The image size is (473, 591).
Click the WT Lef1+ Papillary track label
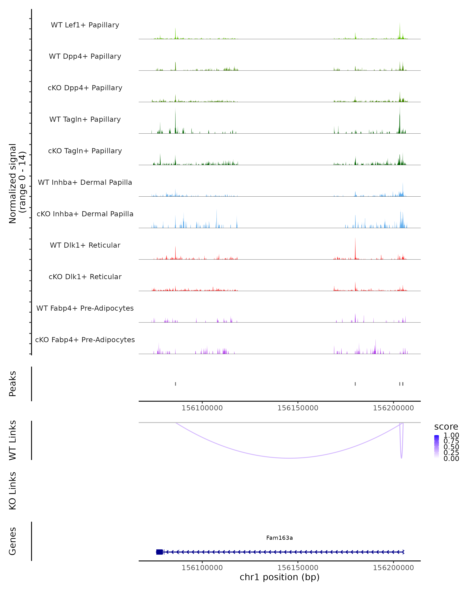pyautogui.click(x=85, y=25)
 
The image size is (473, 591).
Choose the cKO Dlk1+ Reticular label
pyautogui.click(x=85, y=277)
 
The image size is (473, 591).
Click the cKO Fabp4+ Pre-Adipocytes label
pyautogui.click(x=85, y=340)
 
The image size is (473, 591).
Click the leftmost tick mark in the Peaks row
pyautogui.click(x=175, y=384)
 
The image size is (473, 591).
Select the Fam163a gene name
pyautogui.click(x=279, y=538)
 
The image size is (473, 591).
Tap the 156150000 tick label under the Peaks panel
pyautogui.click(x=298, y=408)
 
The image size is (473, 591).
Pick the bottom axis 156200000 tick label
pyautogui.click(x=393, y=568)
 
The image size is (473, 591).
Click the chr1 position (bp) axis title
pyautogui.click(x=279, y=577)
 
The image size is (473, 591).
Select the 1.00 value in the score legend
pyautogui.click(x=451, y=435)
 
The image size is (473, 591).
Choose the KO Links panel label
pyautogui.click(x=13, y=491)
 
